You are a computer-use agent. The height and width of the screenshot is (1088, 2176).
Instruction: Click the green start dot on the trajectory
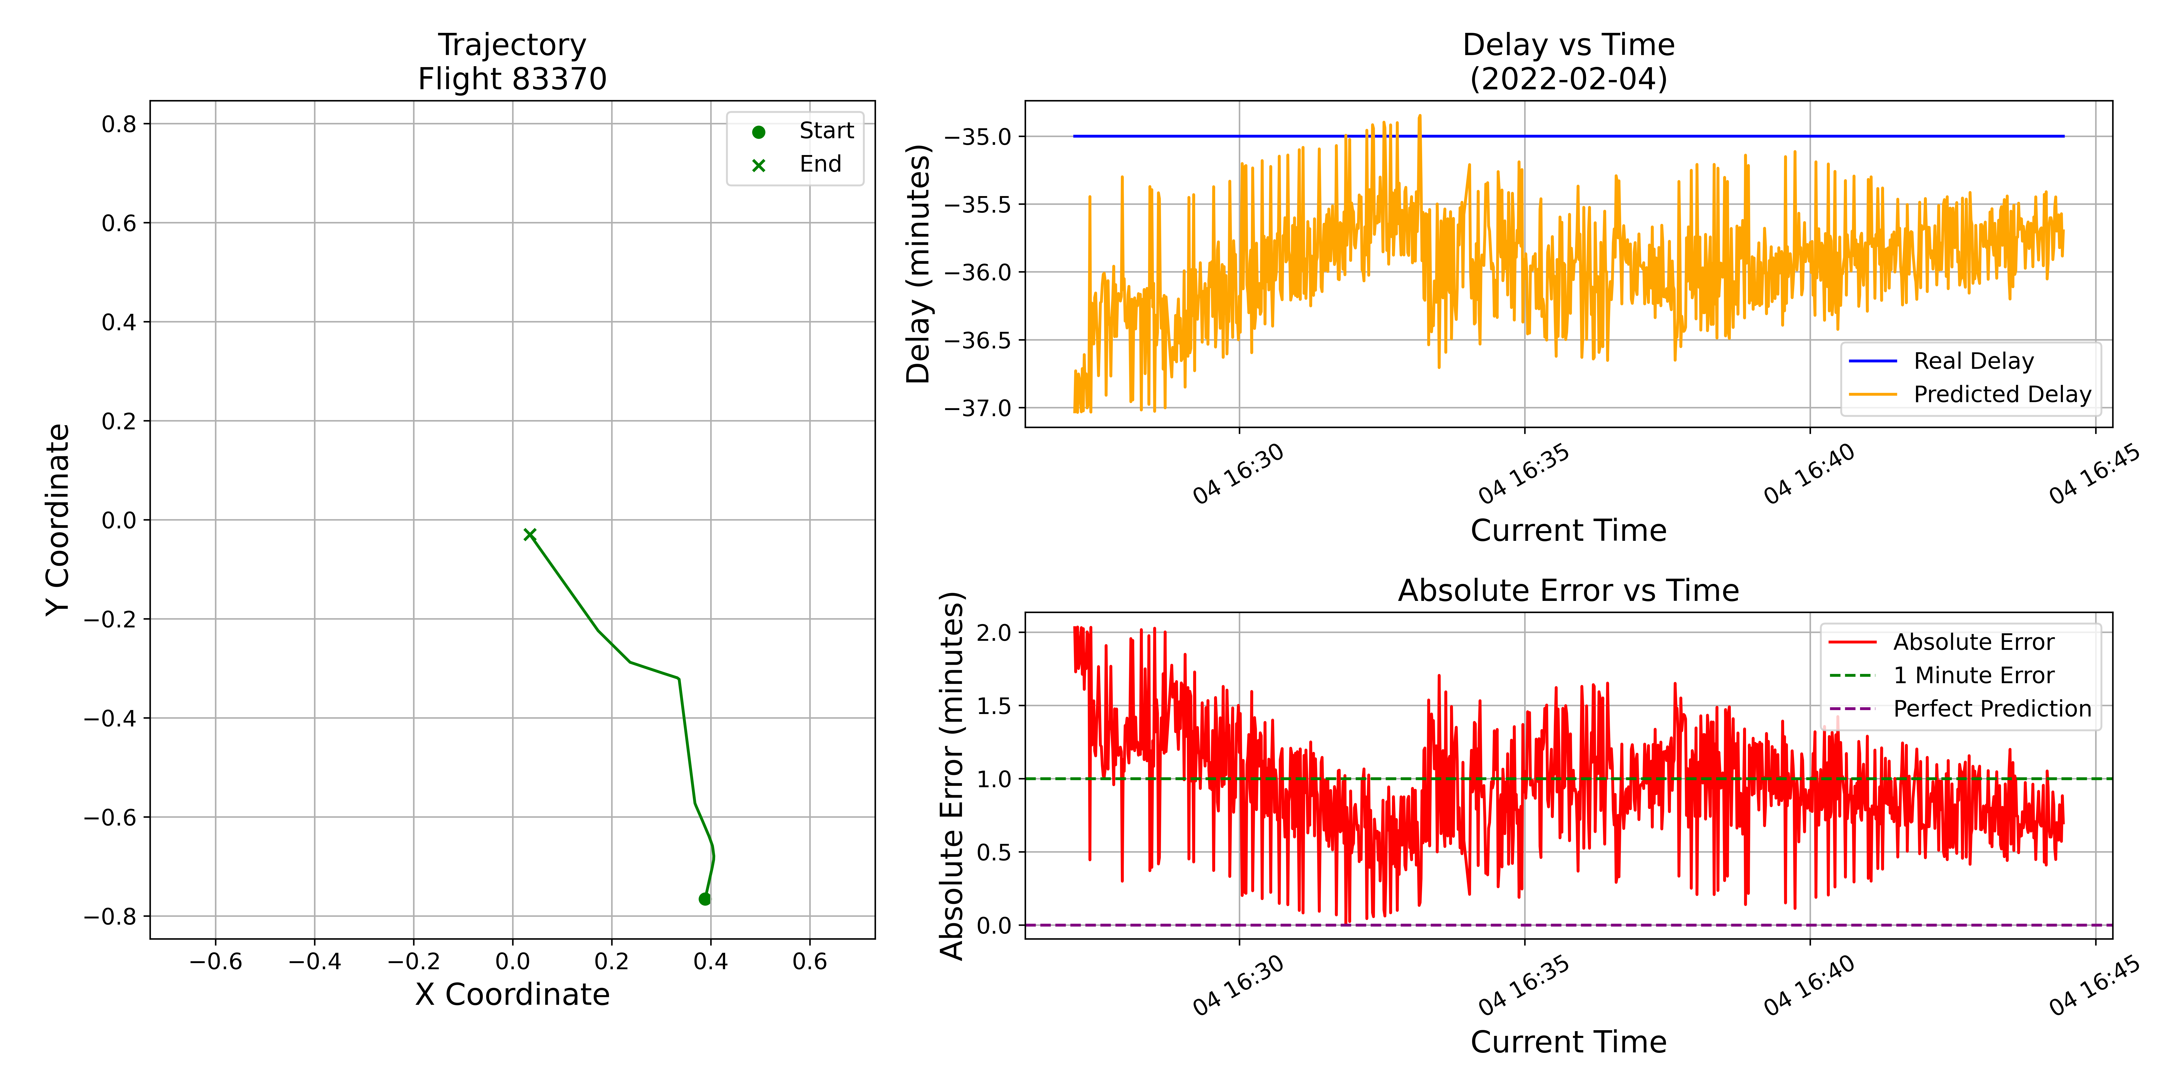[x=704, y=899]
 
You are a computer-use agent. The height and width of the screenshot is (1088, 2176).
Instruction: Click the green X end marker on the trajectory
[x=530, y=534]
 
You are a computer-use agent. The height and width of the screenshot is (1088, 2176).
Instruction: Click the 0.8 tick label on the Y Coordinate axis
[x=119, y=124]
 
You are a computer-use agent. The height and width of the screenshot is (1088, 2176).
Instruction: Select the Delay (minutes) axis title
[x=918, y=264]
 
